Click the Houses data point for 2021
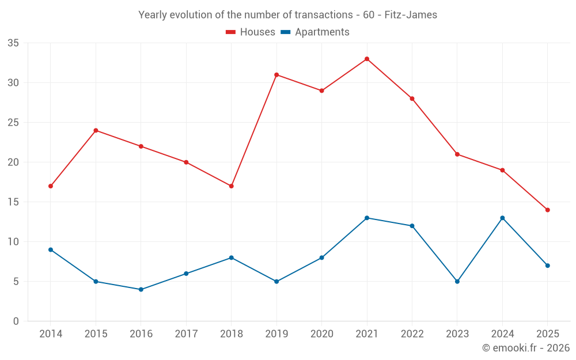[367, 59]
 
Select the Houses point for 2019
[276, 75]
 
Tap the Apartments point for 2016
[141, 289]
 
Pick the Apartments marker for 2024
[502, 218]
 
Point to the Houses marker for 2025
[548, 210]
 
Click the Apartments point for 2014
[51, 249]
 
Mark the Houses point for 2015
[96, 130]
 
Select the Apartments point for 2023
[457, 282]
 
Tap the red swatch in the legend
[231, 32]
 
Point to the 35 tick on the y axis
[13, 43]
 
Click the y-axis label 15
[13, 202]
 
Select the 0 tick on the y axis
[16, 321]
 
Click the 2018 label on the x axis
[231, 334]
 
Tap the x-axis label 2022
[412, 334]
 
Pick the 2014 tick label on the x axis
[51, 334]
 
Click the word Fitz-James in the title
[414, 15]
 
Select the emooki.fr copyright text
[526, 348]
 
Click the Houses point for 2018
[232, 186]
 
